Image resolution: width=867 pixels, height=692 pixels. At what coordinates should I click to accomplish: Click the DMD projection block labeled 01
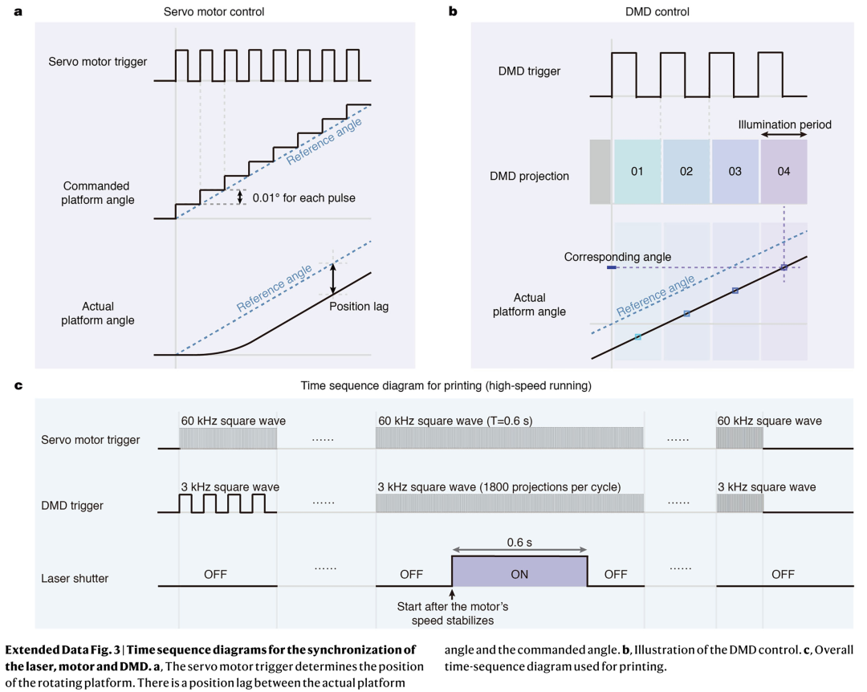click(637, 172)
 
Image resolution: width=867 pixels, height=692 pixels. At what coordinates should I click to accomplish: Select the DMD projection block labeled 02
click(686, 172)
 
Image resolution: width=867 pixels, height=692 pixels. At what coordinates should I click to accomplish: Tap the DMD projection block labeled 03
click(735, 172)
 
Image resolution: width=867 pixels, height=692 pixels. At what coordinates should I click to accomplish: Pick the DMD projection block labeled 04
click(784, 172)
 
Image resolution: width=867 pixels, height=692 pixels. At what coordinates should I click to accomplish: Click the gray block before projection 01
click(600, 172)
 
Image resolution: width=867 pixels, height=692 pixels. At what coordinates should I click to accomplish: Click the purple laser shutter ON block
click(519, 572)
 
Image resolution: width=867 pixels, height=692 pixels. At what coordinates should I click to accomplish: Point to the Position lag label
click(359, 307)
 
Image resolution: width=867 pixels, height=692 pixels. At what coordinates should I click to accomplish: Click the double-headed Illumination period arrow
click(784, 134)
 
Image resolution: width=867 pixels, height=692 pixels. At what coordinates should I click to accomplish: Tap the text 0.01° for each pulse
click(303, 198)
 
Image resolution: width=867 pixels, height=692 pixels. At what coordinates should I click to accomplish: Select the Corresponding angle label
click(617, 257)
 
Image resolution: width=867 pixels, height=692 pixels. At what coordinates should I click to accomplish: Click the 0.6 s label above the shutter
click(519, 543)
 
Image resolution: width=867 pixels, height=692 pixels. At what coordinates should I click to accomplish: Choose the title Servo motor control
click(214, 11)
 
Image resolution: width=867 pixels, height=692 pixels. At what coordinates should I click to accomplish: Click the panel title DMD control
click(657, 11)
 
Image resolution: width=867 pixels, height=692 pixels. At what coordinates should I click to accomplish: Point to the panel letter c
click(18, 385)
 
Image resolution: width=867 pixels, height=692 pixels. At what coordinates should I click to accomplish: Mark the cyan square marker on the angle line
click(637, 337)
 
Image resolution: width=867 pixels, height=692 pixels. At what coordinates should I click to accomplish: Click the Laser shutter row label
click(75, 579)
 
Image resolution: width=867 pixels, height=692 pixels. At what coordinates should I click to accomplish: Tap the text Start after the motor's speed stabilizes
click(453, 613)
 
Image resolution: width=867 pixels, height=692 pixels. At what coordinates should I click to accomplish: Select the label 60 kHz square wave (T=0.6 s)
click(455, 421)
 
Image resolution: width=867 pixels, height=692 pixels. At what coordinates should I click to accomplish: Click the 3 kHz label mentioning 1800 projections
click(499, 486)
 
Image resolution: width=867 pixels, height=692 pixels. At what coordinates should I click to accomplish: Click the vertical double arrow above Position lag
click(333, 279)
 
